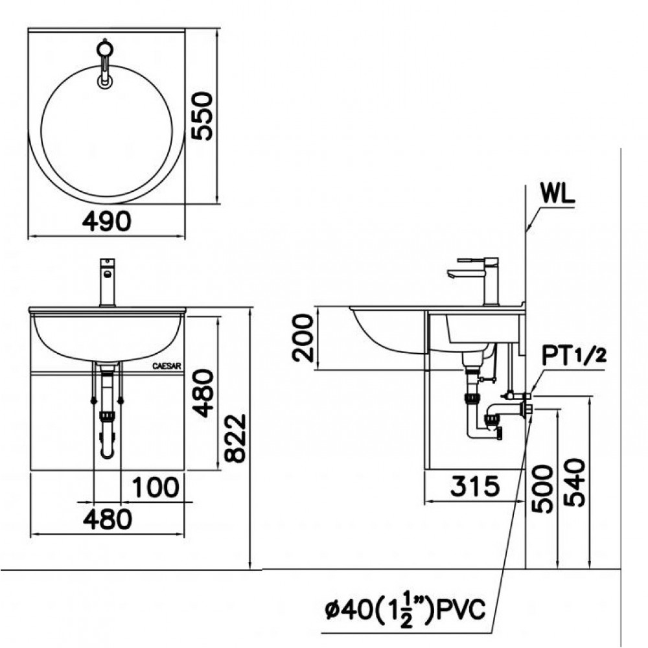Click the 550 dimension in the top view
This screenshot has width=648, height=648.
coord(202,116)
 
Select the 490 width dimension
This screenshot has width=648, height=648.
coord(107,222)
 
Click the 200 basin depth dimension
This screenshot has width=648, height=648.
coord(303,338)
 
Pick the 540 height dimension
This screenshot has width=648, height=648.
coord(575,483)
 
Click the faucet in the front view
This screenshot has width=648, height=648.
coord(107,282)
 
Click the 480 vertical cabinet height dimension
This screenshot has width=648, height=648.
coord(203,393)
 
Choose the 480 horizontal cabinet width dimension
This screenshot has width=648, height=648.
coord(107,518)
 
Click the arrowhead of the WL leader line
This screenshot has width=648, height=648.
coord(528,230)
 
